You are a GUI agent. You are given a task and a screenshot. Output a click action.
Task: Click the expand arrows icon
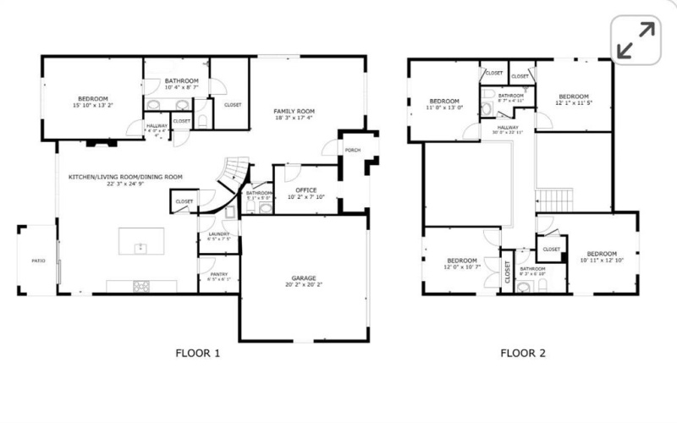coord(636,41)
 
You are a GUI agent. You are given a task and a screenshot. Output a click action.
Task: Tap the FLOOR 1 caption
coord(197,354)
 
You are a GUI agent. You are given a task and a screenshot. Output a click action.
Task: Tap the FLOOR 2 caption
coord(522,354)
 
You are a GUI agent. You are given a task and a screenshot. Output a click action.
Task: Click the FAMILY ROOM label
coord(293,115)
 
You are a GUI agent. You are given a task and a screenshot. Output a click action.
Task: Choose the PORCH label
coord(352,150)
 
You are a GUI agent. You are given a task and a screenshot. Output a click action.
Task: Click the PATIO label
coord(38,261)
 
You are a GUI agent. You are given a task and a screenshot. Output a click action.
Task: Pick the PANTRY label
coord(218,276)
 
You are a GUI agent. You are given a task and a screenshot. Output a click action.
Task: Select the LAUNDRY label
coord(218,235)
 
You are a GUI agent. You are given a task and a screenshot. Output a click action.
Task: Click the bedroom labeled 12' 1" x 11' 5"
coord(573,98)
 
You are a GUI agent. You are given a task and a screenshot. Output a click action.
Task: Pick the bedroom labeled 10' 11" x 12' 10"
coord(601,256)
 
